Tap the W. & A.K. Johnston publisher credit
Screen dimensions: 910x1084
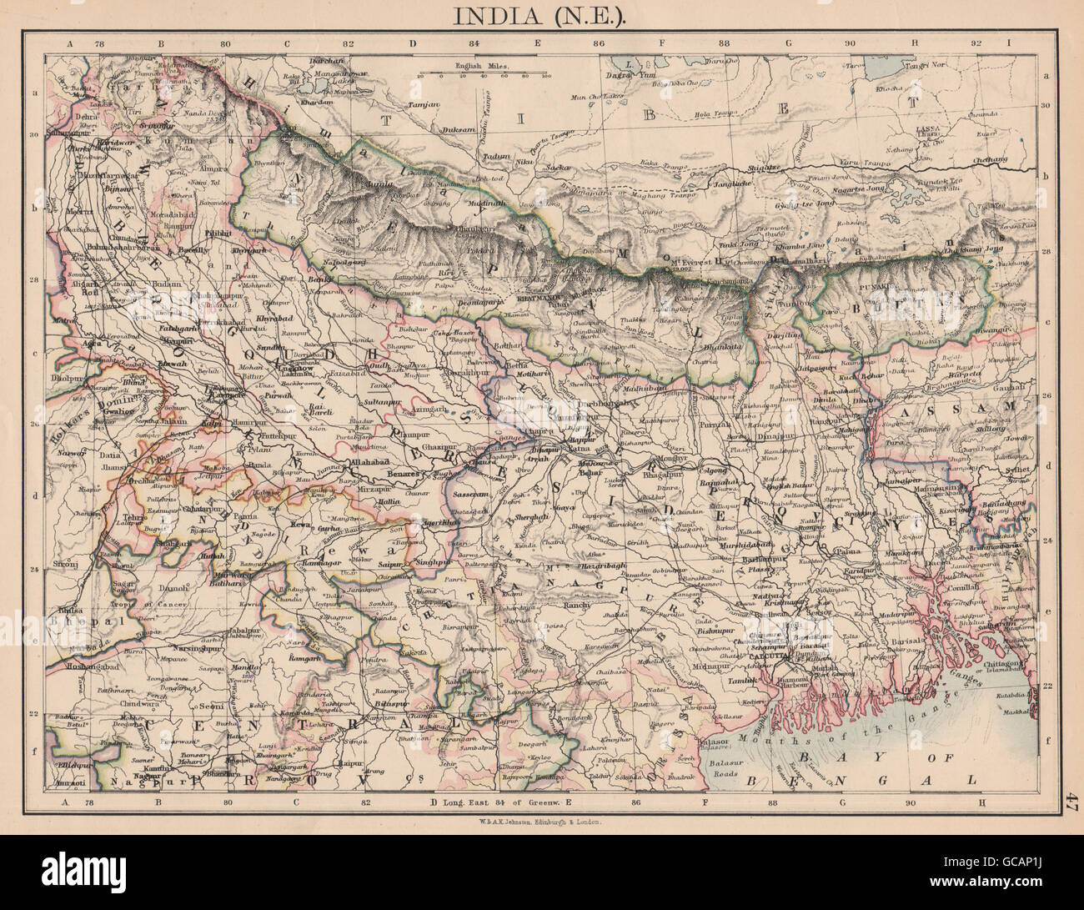click(x=541, y=820)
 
